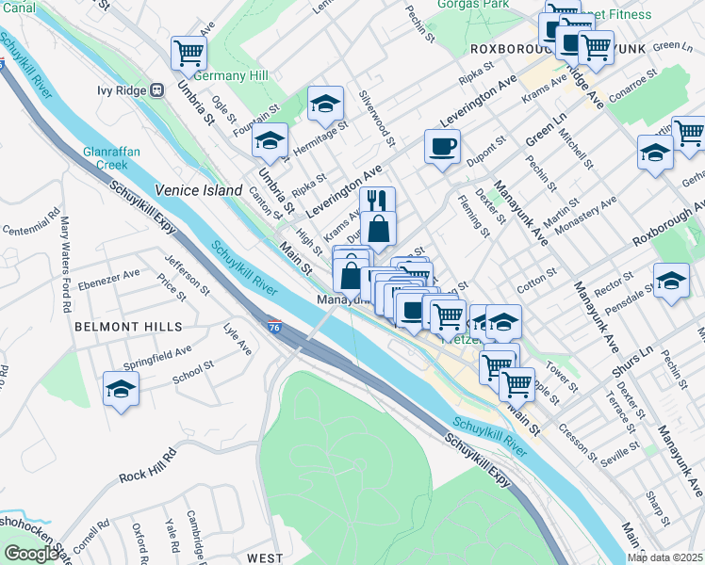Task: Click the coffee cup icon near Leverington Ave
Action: (x=442, y=146)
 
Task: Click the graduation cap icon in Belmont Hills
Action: (x=122, y=389)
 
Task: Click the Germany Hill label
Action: (x=232, y=76)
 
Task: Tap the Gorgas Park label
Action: (x=473, y=4)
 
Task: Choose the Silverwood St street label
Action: (x=375, y=119)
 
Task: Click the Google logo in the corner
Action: (x=32, y=554)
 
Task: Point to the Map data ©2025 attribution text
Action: (x=664, y=557)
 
